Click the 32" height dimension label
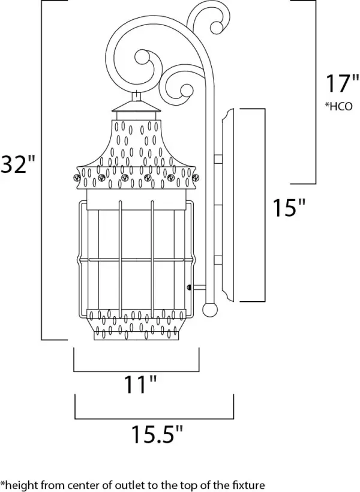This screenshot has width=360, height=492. point(18,163)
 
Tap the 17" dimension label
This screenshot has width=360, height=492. point(338,84)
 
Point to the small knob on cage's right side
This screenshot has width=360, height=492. point(190,287)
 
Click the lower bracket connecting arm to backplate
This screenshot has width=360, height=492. point(218,260)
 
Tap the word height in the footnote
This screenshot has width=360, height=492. point(20,484)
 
